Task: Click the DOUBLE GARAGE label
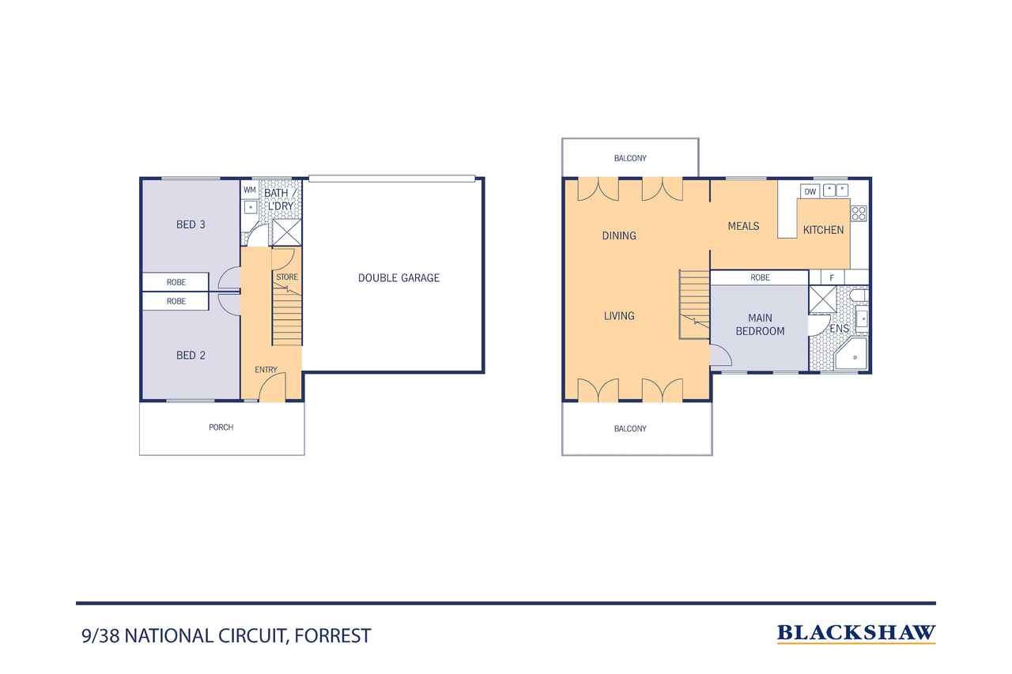(x=398, y=278)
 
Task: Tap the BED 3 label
(x=191, y=224)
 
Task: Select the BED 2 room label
(x=191, y=356)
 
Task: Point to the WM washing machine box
(x=250, y=190)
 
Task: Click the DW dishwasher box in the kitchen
(x=810, y=191)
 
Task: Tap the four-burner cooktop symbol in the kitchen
(x=859, y=213)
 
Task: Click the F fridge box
(x=832, y=277)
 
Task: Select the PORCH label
(x=221, y=427)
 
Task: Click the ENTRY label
(x=266, y=370)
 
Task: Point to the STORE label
(x=287, y=277)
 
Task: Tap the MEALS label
(x=743, y=226)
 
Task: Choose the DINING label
(x=619, y=235)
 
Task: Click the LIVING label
(x=619, y=316)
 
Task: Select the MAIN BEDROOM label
(x=760, y=325)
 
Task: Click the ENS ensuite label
(x=839, y=329)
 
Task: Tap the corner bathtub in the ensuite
(x=851, y=354)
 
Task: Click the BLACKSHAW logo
(x=856, y=634)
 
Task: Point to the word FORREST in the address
(x=333, y=635)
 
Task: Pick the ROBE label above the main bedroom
(x=760, y=277)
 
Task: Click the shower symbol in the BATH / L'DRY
(x=287, y=232)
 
